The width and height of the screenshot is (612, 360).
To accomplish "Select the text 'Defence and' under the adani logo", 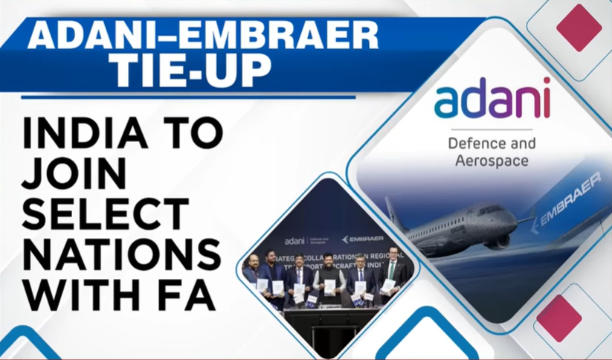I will pos(492,141).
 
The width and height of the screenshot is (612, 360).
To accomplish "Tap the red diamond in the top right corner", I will pos(578,27).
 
